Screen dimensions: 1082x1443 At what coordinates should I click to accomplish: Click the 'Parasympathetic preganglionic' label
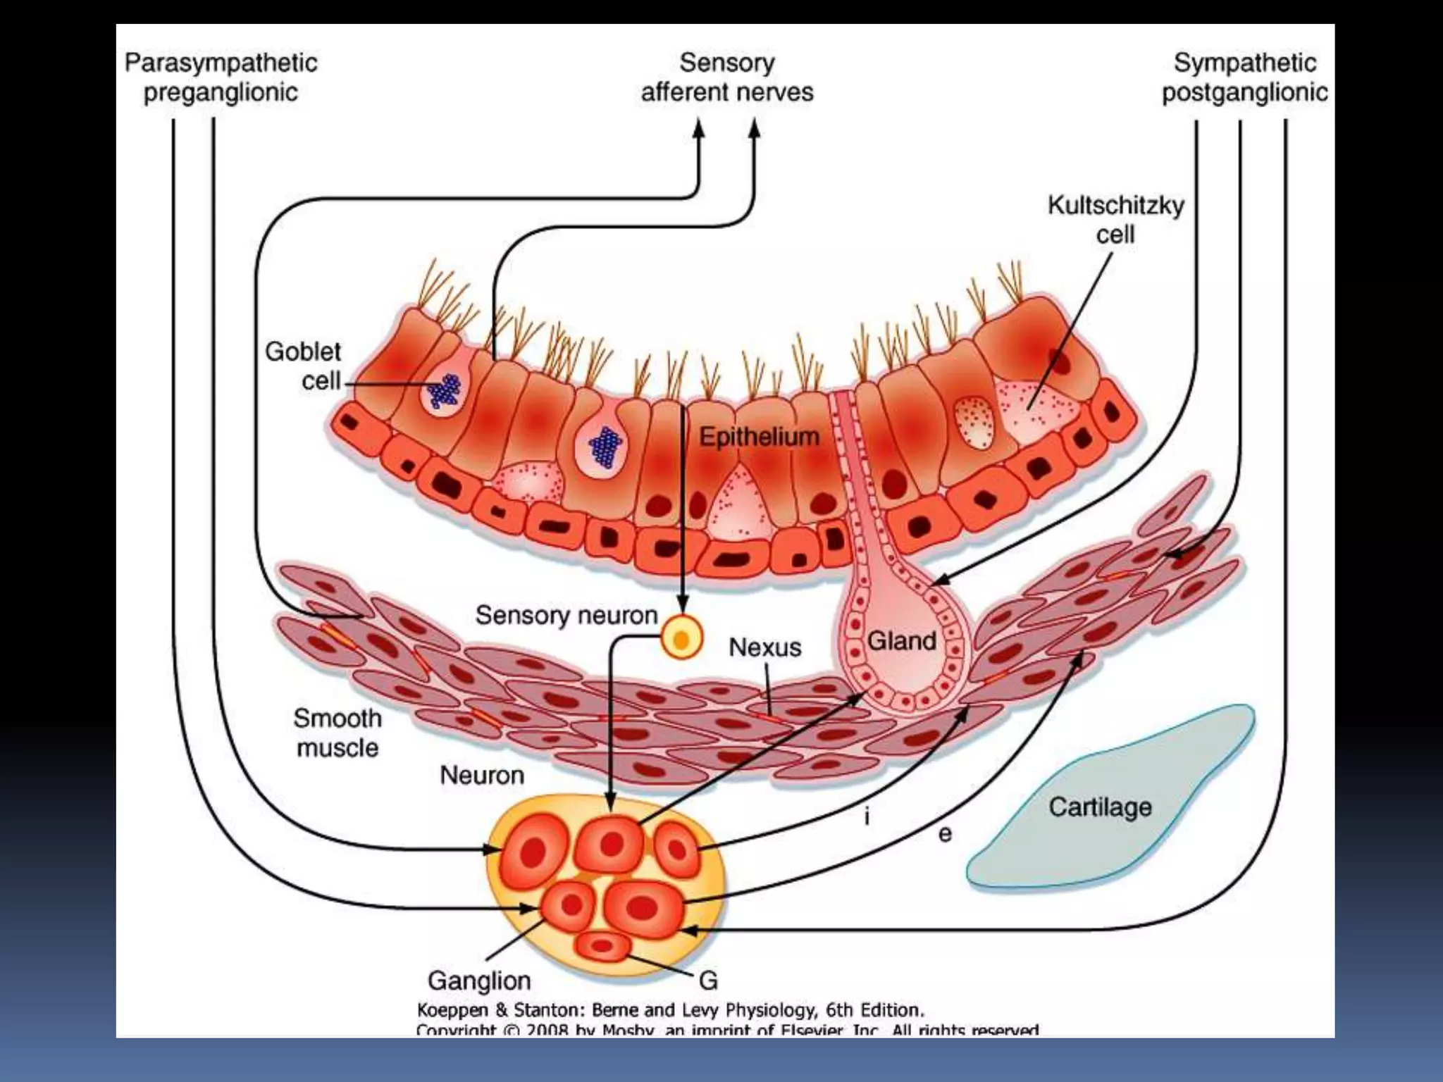221,77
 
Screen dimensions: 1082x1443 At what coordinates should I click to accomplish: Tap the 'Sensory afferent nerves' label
726,77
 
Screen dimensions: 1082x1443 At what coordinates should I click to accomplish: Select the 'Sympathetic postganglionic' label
1244,77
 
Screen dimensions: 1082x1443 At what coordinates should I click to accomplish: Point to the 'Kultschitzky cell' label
1115,220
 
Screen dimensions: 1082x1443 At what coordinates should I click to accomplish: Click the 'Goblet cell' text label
304,366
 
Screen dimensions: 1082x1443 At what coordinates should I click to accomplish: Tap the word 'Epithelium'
759,437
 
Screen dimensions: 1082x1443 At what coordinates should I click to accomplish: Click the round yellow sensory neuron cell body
681,638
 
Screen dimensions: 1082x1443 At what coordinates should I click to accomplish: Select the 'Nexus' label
764,647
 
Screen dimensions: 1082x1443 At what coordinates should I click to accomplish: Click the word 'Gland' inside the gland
901,641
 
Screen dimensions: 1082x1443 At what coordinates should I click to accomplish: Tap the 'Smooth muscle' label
337,733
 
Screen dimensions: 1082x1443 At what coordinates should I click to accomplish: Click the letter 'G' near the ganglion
708,980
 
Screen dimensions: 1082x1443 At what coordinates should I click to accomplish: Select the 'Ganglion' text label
479,980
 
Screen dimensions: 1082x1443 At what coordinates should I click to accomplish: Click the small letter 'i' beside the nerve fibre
867,816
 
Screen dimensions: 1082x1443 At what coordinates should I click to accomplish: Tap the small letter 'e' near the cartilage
945,834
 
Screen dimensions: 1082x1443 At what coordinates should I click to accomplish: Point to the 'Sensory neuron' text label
566,615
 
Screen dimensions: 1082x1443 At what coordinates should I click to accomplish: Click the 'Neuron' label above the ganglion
482,775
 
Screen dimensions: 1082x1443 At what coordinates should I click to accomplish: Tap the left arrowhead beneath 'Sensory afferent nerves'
698,130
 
